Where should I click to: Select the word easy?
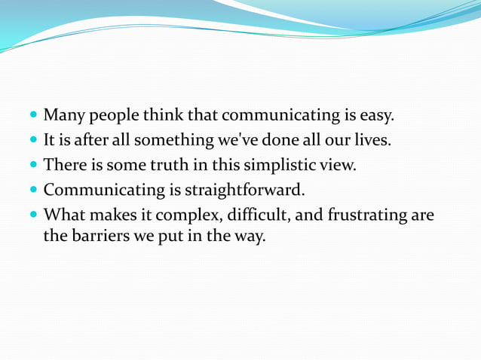click(377, 116)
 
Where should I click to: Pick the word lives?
click(372, 140)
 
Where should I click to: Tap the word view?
click(338, 164)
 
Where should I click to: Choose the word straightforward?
click(241, 189)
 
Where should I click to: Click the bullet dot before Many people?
click(34, 117)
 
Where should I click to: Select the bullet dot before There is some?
click(34, 165)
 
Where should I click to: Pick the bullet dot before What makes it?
click(34, 215)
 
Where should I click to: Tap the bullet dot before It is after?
click(34, 141)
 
